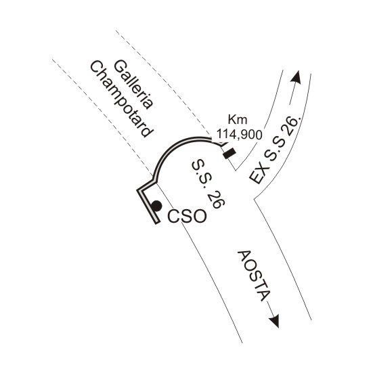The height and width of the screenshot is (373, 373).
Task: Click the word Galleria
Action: coord(133,85)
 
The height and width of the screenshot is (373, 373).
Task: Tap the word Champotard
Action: coord(122,100)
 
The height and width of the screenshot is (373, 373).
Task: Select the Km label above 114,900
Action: coord(238,120)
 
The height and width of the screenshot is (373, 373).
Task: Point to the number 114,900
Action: coord(240,135)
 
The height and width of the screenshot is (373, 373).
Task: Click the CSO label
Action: coord(187,217)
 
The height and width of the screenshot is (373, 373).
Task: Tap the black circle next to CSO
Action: coord(156,206)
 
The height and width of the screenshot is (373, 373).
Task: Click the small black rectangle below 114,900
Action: coord(229,154)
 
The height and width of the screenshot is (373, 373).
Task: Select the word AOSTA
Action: coord(255,276)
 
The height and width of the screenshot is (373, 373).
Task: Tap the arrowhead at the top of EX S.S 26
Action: coord(296,77)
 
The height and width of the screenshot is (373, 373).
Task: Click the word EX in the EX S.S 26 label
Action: coord(259,175)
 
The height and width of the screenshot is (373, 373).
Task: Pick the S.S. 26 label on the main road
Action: coord(208,184)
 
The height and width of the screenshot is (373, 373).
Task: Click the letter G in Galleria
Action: coord(120,66)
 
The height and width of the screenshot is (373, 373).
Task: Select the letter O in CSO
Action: coord(199,217)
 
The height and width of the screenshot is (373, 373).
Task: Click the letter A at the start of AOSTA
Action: coord(244,256)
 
